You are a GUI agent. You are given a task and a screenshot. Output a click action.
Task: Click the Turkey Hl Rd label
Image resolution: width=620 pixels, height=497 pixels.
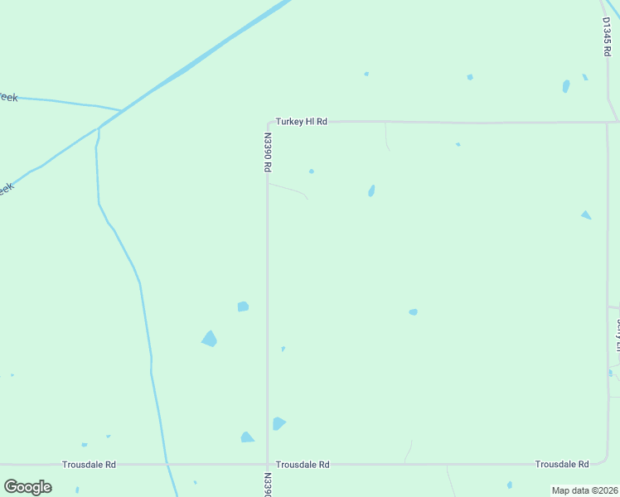302,122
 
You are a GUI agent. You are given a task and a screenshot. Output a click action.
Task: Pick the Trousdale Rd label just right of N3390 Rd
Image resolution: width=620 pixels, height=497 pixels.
303,465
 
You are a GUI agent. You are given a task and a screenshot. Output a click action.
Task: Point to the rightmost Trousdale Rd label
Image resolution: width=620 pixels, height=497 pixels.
562,464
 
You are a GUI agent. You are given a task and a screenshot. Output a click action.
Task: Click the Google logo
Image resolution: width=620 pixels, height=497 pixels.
27,487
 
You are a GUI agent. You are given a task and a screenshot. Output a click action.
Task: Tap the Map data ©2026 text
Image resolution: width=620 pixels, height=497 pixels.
584,490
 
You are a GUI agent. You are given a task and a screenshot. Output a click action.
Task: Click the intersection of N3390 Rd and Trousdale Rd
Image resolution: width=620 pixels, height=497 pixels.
267,464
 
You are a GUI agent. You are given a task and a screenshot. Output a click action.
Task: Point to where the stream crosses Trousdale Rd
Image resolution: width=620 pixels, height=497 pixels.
167,463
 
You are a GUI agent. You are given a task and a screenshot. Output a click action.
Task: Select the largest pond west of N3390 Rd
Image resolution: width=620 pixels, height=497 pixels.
210,338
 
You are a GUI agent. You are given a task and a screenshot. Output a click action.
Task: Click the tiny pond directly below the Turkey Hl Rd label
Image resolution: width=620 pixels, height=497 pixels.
311,171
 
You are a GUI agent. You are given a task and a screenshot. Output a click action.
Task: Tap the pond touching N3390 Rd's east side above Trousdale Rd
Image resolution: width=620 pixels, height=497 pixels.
279,423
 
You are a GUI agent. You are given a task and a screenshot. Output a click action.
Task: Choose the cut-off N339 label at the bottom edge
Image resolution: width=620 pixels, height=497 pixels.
268,485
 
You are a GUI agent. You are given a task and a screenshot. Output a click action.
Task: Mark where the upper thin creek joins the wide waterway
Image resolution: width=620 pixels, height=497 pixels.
122,109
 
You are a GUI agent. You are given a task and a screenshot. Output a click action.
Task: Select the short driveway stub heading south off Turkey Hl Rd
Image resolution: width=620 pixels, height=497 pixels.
387,137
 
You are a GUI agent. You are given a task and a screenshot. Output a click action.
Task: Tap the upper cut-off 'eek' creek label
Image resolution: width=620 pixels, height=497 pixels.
7,97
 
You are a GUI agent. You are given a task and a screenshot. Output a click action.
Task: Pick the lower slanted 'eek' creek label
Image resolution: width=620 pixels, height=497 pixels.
5,190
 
